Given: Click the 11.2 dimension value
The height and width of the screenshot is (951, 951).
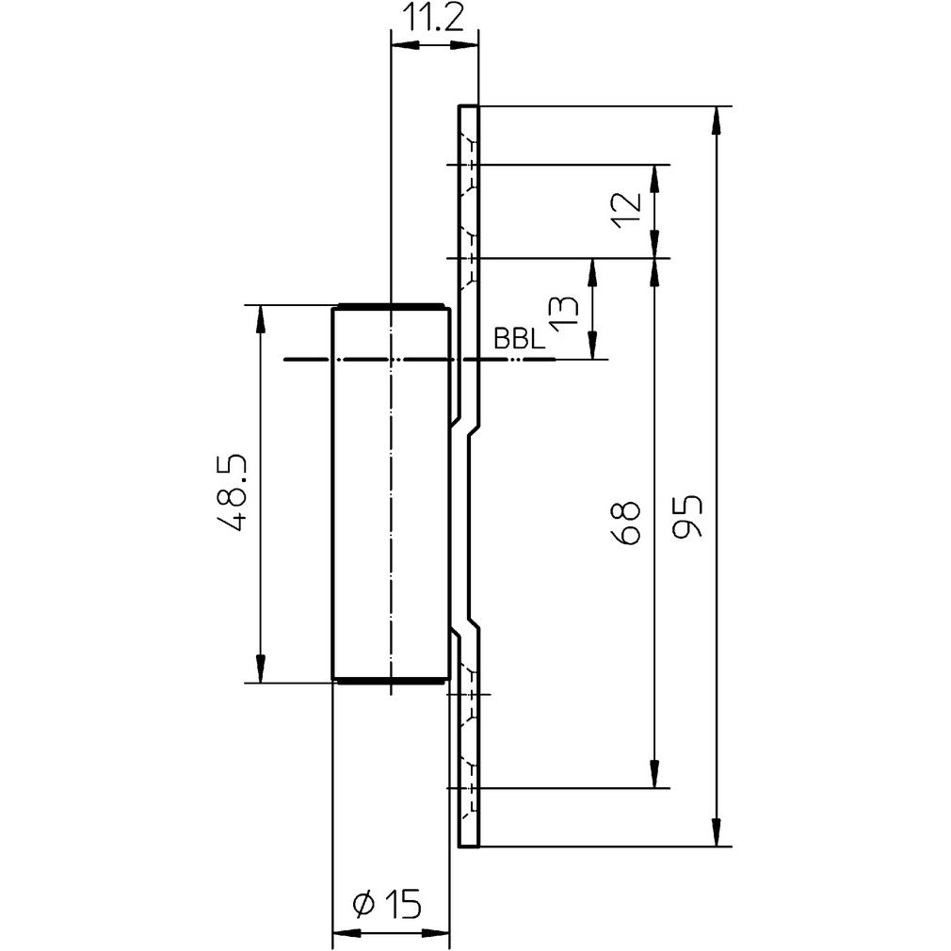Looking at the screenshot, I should point(435,19).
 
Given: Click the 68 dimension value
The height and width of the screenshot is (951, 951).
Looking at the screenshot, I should point(626,524).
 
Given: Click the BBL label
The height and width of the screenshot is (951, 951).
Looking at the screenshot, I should point(519,340).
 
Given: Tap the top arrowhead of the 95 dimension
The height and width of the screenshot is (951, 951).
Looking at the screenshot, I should point(718,118).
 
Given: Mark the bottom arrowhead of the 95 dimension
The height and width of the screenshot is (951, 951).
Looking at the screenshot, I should point(718,833).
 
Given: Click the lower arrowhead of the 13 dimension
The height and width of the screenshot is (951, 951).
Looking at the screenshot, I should point(592,347).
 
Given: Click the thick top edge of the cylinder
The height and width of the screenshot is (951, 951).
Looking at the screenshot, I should point(391,306).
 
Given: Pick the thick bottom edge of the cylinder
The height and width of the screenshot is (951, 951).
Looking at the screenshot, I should point(391,680).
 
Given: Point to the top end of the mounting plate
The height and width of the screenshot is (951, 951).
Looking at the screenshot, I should point(469,107).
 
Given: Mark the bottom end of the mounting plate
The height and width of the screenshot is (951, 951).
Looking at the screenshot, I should point(469,845).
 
